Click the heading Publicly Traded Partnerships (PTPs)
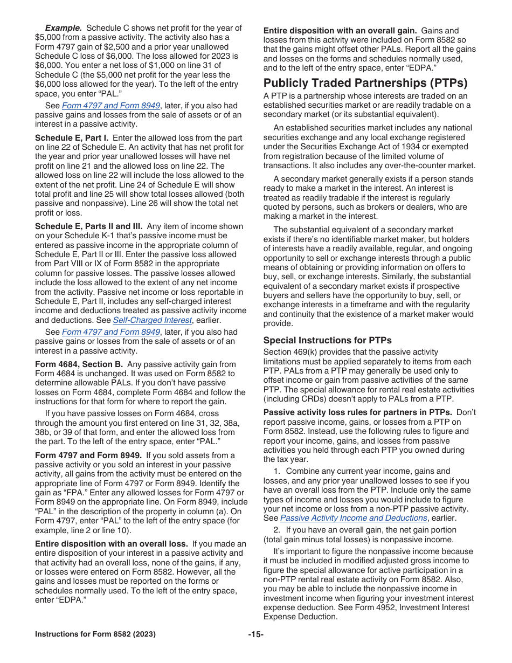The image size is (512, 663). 365,83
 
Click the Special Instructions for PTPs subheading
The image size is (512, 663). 327,340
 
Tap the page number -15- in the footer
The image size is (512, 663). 256,634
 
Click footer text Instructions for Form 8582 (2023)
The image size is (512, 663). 95,634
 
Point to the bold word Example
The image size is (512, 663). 64,28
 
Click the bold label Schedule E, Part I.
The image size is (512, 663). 72,138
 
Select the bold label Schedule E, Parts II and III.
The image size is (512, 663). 89,226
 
